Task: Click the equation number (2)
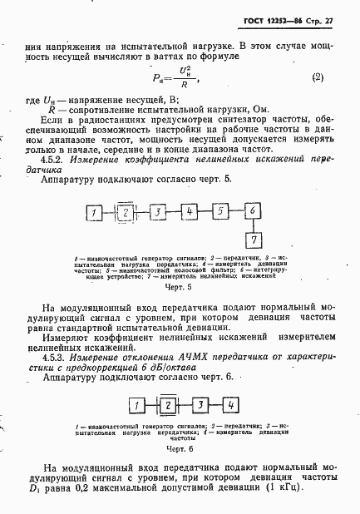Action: pos(317,77)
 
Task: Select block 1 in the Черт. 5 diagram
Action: pos(96,213)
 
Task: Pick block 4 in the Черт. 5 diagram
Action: pos(190,213)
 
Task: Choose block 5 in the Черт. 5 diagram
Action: pos(220,213)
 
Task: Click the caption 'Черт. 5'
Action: pos(179,287)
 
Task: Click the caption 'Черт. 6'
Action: pos(179,449)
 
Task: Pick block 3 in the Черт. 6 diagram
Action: pos(200,405)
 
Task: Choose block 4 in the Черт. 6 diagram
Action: pos(231,405)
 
